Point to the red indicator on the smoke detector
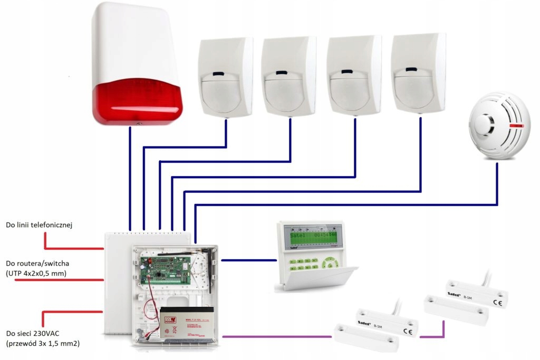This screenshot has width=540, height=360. (517, 126)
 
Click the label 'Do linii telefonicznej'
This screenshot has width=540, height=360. (39, 225)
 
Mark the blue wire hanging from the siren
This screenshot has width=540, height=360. (130, 174)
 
